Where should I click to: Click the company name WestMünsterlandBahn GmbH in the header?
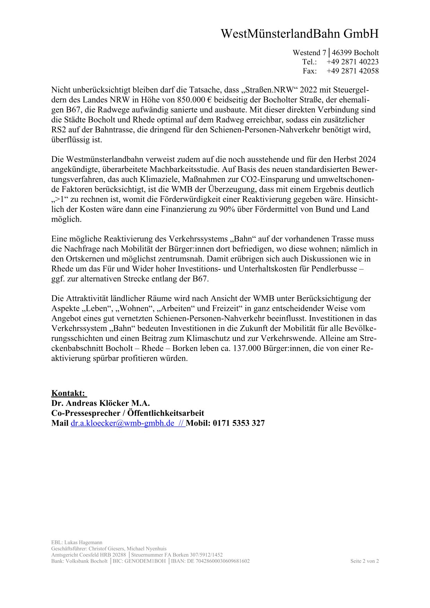[300, 34]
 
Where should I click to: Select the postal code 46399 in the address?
[342, 53]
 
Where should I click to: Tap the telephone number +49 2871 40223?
[352, 62]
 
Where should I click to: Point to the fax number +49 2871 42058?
[352, 71]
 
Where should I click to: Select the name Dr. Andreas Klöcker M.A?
[101, 403]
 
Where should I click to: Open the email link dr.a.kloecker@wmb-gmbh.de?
[122, 423]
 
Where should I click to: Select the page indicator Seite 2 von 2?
[364, 561]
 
